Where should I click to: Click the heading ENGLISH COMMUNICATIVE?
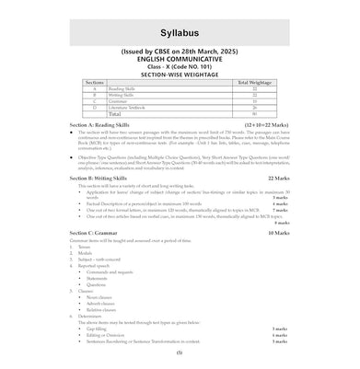pos(180,86)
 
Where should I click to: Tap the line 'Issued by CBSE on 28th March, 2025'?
pos(180,78)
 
